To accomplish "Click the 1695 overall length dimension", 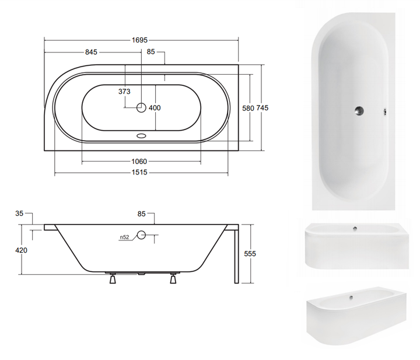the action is [x=139, y=40].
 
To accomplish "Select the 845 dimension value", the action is [x=91, y=52].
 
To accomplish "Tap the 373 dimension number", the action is [x=124, y=92].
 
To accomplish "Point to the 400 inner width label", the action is [x=155, y=108].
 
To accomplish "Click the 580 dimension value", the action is [x=248, y=108].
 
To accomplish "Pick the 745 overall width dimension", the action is [x=262, y=108].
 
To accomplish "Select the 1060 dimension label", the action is [x=139, y=162].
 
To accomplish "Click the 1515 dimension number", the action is [x=139, y=172].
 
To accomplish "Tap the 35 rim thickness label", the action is [x=19, y=214].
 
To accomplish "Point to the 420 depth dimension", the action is [x=21, y=250].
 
